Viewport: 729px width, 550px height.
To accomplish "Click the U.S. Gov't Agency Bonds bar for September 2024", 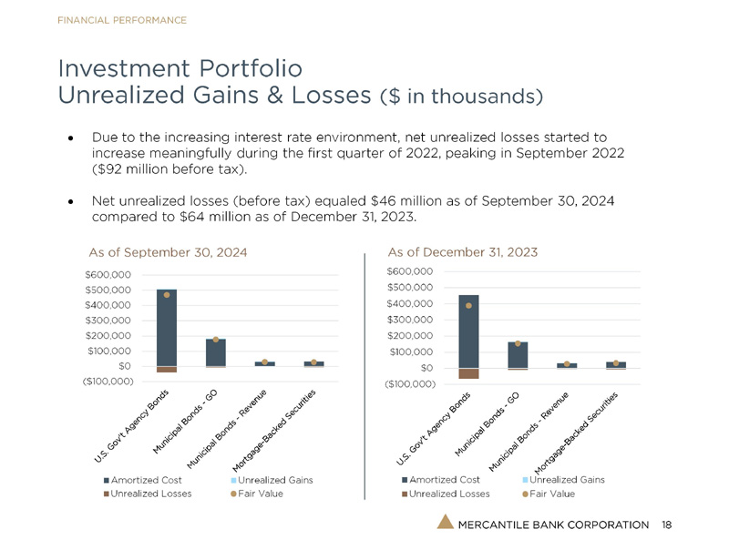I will [167, 328].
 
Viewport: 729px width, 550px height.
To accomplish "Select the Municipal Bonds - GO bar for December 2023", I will [518, 355].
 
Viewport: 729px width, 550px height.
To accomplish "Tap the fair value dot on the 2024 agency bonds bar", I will [167, 295].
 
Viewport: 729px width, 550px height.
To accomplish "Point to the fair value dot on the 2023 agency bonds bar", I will [468, 306].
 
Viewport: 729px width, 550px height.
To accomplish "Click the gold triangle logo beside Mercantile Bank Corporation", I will [444, 523].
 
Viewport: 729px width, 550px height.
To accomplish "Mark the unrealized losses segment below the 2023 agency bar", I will [468, 373].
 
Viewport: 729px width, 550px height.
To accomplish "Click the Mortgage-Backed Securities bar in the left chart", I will [313, 363].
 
